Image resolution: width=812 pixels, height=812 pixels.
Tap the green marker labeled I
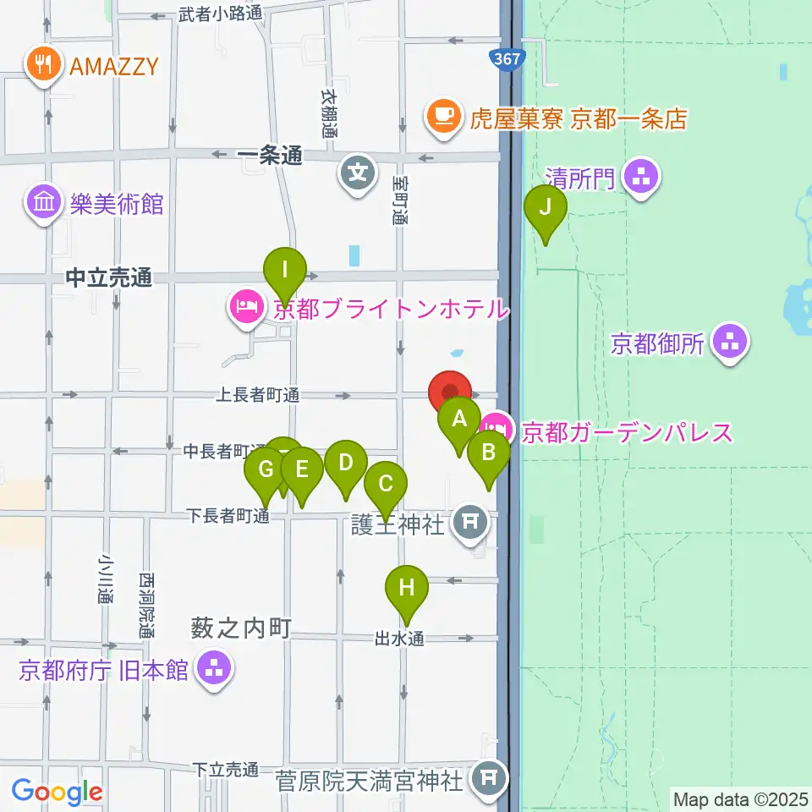285,272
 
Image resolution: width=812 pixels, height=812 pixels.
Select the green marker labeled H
407,588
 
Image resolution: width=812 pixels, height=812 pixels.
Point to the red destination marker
450,392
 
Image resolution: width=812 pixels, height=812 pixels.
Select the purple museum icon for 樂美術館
42,203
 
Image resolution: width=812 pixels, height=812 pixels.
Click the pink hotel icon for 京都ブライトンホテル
245,307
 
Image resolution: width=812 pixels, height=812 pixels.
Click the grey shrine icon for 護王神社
469,523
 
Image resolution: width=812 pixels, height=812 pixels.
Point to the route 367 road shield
507,58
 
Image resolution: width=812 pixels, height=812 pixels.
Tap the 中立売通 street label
108,278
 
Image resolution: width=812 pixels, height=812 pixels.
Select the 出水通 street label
399,639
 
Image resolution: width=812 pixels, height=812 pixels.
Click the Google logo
58,792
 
